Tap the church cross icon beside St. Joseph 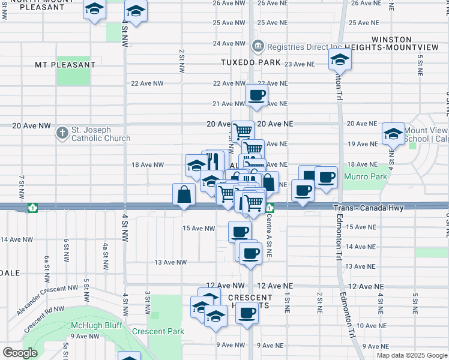62,133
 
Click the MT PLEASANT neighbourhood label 65,65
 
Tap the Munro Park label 362,177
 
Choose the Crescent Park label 158,331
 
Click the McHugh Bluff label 96,325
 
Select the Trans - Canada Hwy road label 369,208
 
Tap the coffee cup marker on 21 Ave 256,95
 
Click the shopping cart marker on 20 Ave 243,130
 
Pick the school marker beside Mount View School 393,133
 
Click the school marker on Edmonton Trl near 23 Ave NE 340,59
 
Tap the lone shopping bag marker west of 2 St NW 184,194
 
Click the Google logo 20,353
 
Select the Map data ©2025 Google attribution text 411,355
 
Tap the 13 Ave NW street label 170,262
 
